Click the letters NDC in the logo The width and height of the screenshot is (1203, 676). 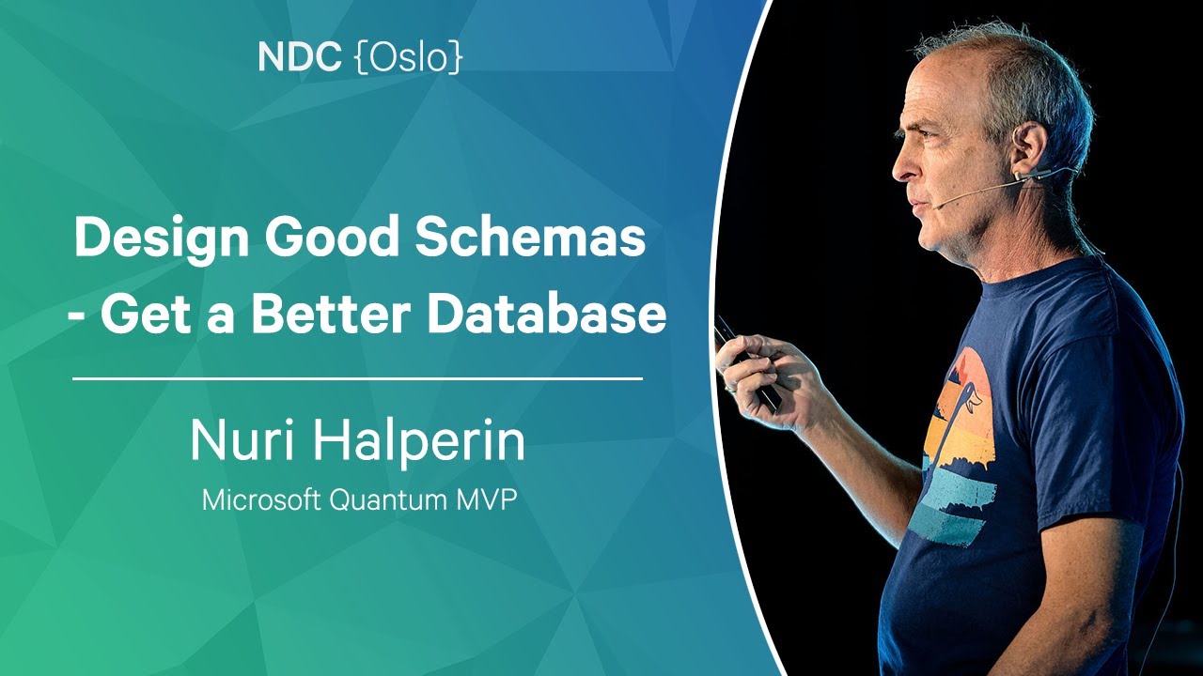299,58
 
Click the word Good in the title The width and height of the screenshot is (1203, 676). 333,240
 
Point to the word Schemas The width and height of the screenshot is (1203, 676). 531,240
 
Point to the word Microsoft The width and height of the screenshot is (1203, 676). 261,499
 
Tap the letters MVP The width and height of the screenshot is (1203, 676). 487,499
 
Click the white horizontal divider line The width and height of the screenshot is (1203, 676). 357,379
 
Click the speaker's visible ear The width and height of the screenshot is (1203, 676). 1029,150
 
